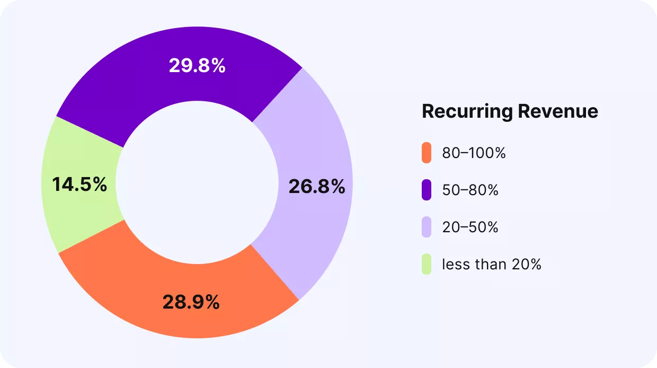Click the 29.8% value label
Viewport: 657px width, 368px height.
coord(197,66)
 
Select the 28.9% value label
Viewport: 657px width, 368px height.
coord(191,302)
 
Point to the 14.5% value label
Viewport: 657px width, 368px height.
coord(79,185)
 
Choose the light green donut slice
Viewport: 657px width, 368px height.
coord(64,212)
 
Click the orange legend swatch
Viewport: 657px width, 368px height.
coord(427,153)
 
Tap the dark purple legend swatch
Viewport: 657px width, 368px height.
coord(427,190)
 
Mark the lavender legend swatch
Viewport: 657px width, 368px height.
coord(427,227)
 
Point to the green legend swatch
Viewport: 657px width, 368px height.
coord(427,264)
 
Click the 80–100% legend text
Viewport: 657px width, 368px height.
coord(474,153)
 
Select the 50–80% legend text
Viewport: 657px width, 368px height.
coord(470,190)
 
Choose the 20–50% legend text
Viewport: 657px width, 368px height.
coord(470,227)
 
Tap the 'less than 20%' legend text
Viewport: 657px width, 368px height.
coord(491,264)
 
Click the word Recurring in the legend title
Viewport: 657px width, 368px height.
coord(467,112)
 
